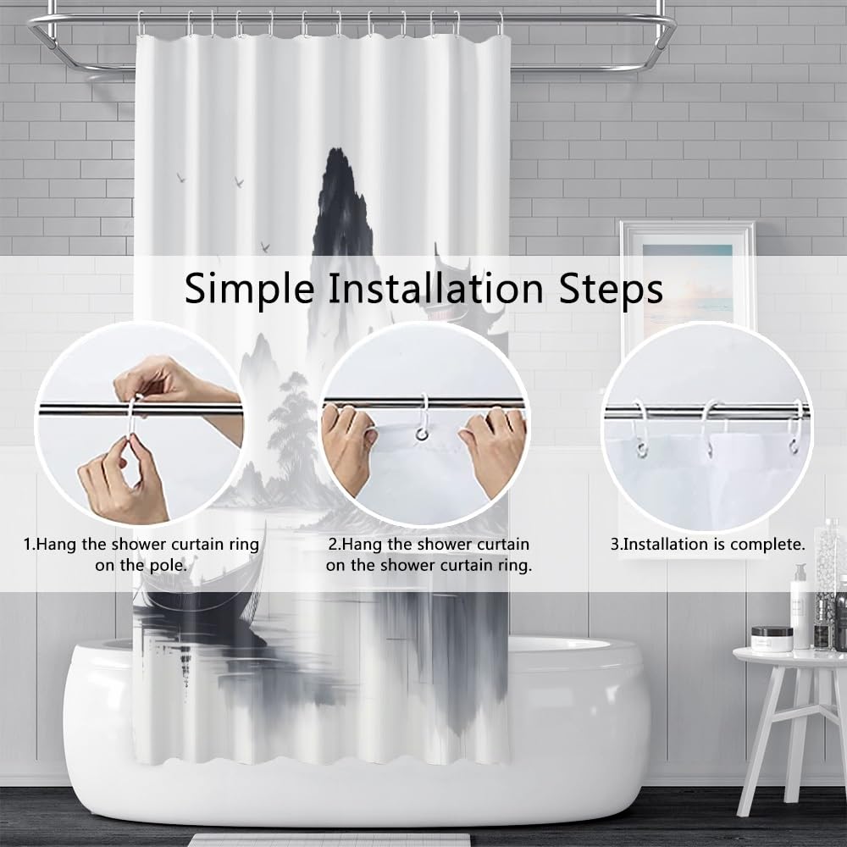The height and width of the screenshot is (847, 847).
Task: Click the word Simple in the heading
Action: pos(250,289)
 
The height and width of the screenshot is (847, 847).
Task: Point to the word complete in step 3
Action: pos(765,545)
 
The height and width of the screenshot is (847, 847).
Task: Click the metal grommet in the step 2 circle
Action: pos(421,434)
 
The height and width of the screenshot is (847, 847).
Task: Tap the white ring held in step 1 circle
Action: pos(132,421)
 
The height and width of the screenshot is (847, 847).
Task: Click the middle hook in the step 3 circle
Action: pos(709,428)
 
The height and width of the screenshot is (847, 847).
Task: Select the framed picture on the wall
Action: pos(687,281)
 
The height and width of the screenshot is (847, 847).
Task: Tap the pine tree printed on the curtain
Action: pos(292,427)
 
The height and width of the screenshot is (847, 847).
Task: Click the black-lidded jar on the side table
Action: pos(772,639)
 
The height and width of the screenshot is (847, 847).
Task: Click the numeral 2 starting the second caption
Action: pos(332,545)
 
